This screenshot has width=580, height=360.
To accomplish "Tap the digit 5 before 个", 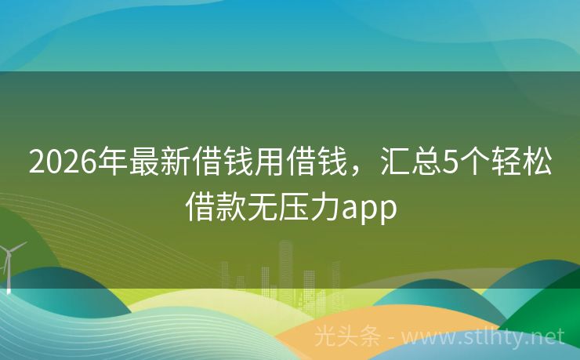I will point(451,162).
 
